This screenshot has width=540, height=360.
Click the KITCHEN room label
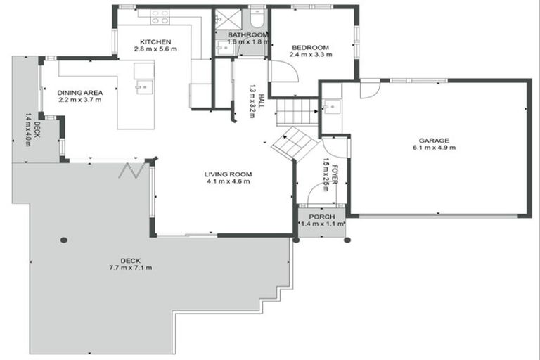pos(152,41)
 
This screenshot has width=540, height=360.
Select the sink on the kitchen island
pos(144,87)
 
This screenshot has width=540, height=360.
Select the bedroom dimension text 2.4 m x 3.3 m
pos(311,54)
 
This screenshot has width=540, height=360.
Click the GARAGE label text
pos(434,140)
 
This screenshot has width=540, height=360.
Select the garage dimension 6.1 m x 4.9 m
pos(434,148)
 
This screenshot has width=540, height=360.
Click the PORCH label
pos(322,216)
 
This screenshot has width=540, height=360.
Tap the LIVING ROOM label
pos(228,174)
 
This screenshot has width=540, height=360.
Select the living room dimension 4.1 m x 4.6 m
pos(228,182)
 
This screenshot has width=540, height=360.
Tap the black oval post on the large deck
pos(64,240)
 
